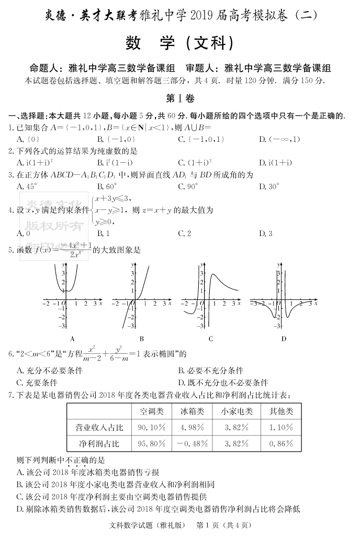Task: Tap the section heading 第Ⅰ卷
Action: [x=179, y=98]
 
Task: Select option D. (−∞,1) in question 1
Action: [x=279, y=139]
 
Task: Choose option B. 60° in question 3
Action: [x=107, y=186]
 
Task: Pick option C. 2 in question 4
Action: [x=185, y=233]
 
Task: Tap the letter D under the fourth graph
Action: [x=284, y=339]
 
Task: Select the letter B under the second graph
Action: [x=141, y=339]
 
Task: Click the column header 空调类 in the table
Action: [x=152, y=411]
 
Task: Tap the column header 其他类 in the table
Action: [x=282, y=411]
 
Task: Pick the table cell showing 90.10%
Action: [x=152, y=428]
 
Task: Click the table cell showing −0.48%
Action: [x=192, y=444]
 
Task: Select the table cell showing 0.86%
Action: [x=282, y=444]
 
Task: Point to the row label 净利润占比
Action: [x=99, y=444]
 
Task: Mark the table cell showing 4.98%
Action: [x=192, y=428]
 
